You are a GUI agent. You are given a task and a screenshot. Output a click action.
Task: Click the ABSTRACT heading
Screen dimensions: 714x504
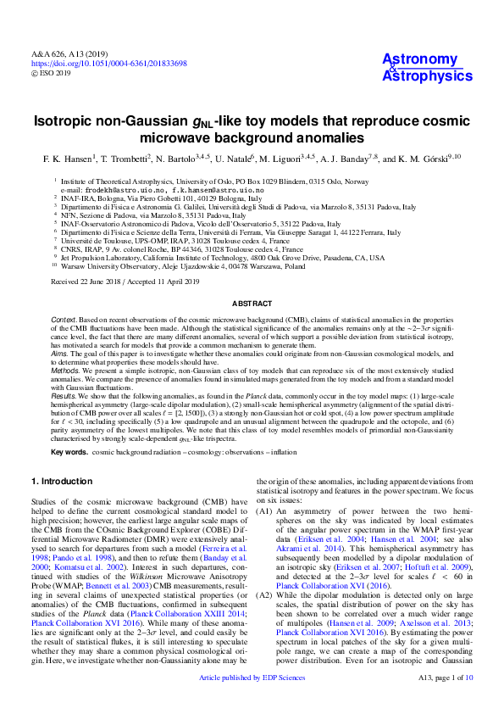pos(252,304)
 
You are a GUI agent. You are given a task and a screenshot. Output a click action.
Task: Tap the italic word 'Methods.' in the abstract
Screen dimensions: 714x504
pos(66,371)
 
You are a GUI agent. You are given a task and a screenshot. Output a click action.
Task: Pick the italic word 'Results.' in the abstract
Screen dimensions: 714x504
pos(64,396)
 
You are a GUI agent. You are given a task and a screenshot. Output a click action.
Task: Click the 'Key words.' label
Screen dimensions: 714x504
pos(69,452)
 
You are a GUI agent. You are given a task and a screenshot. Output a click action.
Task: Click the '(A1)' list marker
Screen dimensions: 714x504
pos(264,513)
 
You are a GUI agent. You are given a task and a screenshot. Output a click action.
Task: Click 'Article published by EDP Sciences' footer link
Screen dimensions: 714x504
pos(252,702)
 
